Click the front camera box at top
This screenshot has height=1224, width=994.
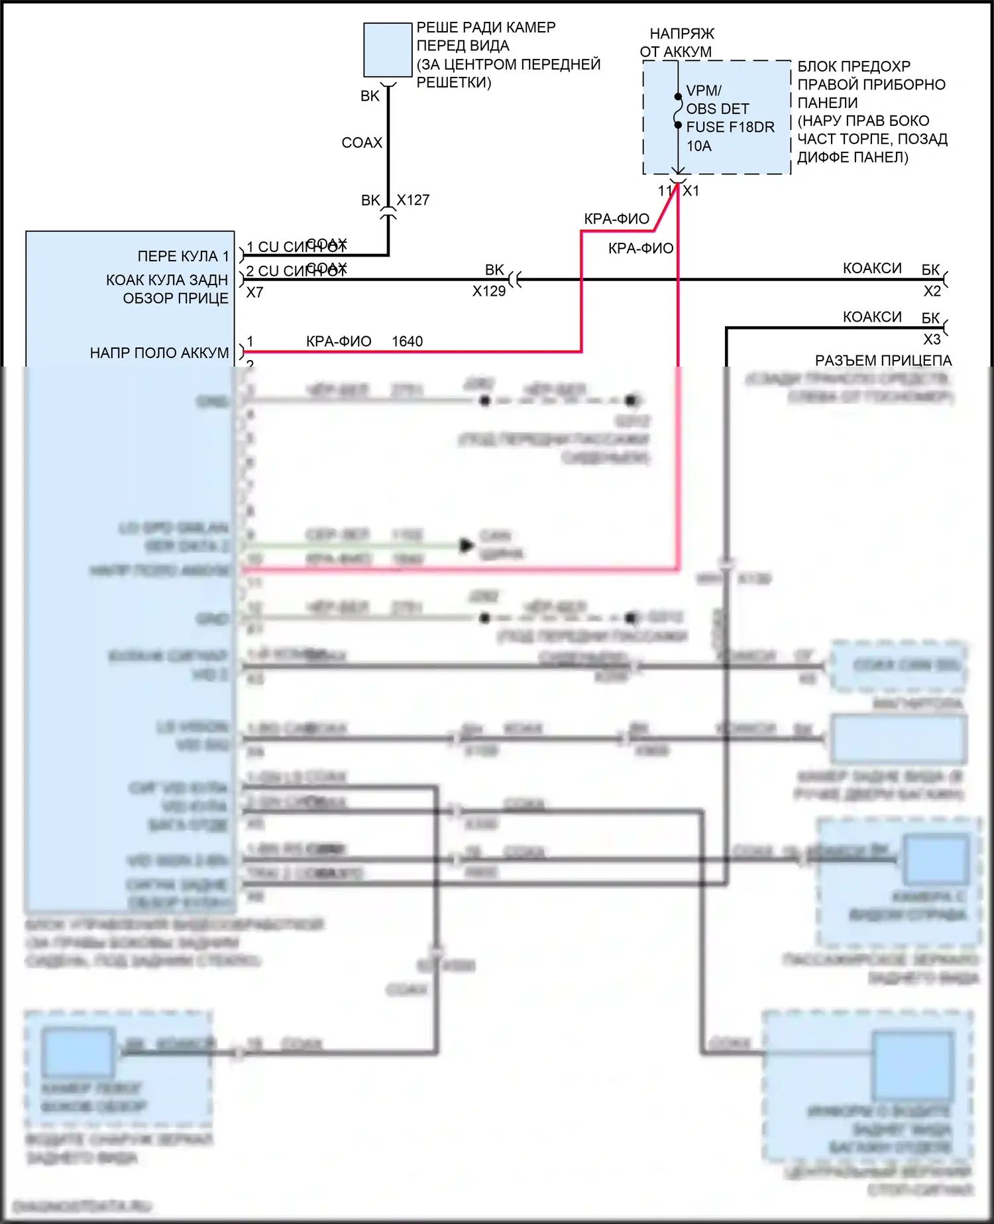(x=388, y=50)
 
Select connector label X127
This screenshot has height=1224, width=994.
(x=413, y=200)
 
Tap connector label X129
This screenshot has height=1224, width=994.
(x=488, y=291)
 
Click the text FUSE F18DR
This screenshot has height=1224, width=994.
(x=730, y=127)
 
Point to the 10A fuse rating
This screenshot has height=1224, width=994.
(x=698, y=146)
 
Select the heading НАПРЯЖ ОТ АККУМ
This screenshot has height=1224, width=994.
(x=677, y=42)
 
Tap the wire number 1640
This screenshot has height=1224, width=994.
(x=407, y=341)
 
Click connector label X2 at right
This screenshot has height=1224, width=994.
(x=932, y=291)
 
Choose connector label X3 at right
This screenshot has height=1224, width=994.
(x=932, y=339)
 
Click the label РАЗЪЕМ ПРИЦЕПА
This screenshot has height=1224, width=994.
(x=883, y=361)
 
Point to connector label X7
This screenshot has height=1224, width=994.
(x=254, y=292)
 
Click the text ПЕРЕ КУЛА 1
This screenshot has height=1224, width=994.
(x=183, y=256)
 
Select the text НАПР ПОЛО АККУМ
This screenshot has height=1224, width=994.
(x=159, y=353)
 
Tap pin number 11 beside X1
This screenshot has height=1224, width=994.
(x=665, y=191)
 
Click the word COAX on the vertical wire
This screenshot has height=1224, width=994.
(x=362, y=143)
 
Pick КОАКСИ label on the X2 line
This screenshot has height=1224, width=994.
(x=871, y=268)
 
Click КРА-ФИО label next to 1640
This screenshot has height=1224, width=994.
(x=339, y=341)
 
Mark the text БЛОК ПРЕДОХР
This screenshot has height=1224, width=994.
(x=854, y=66)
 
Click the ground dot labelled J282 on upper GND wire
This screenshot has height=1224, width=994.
(x=484, y=400)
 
